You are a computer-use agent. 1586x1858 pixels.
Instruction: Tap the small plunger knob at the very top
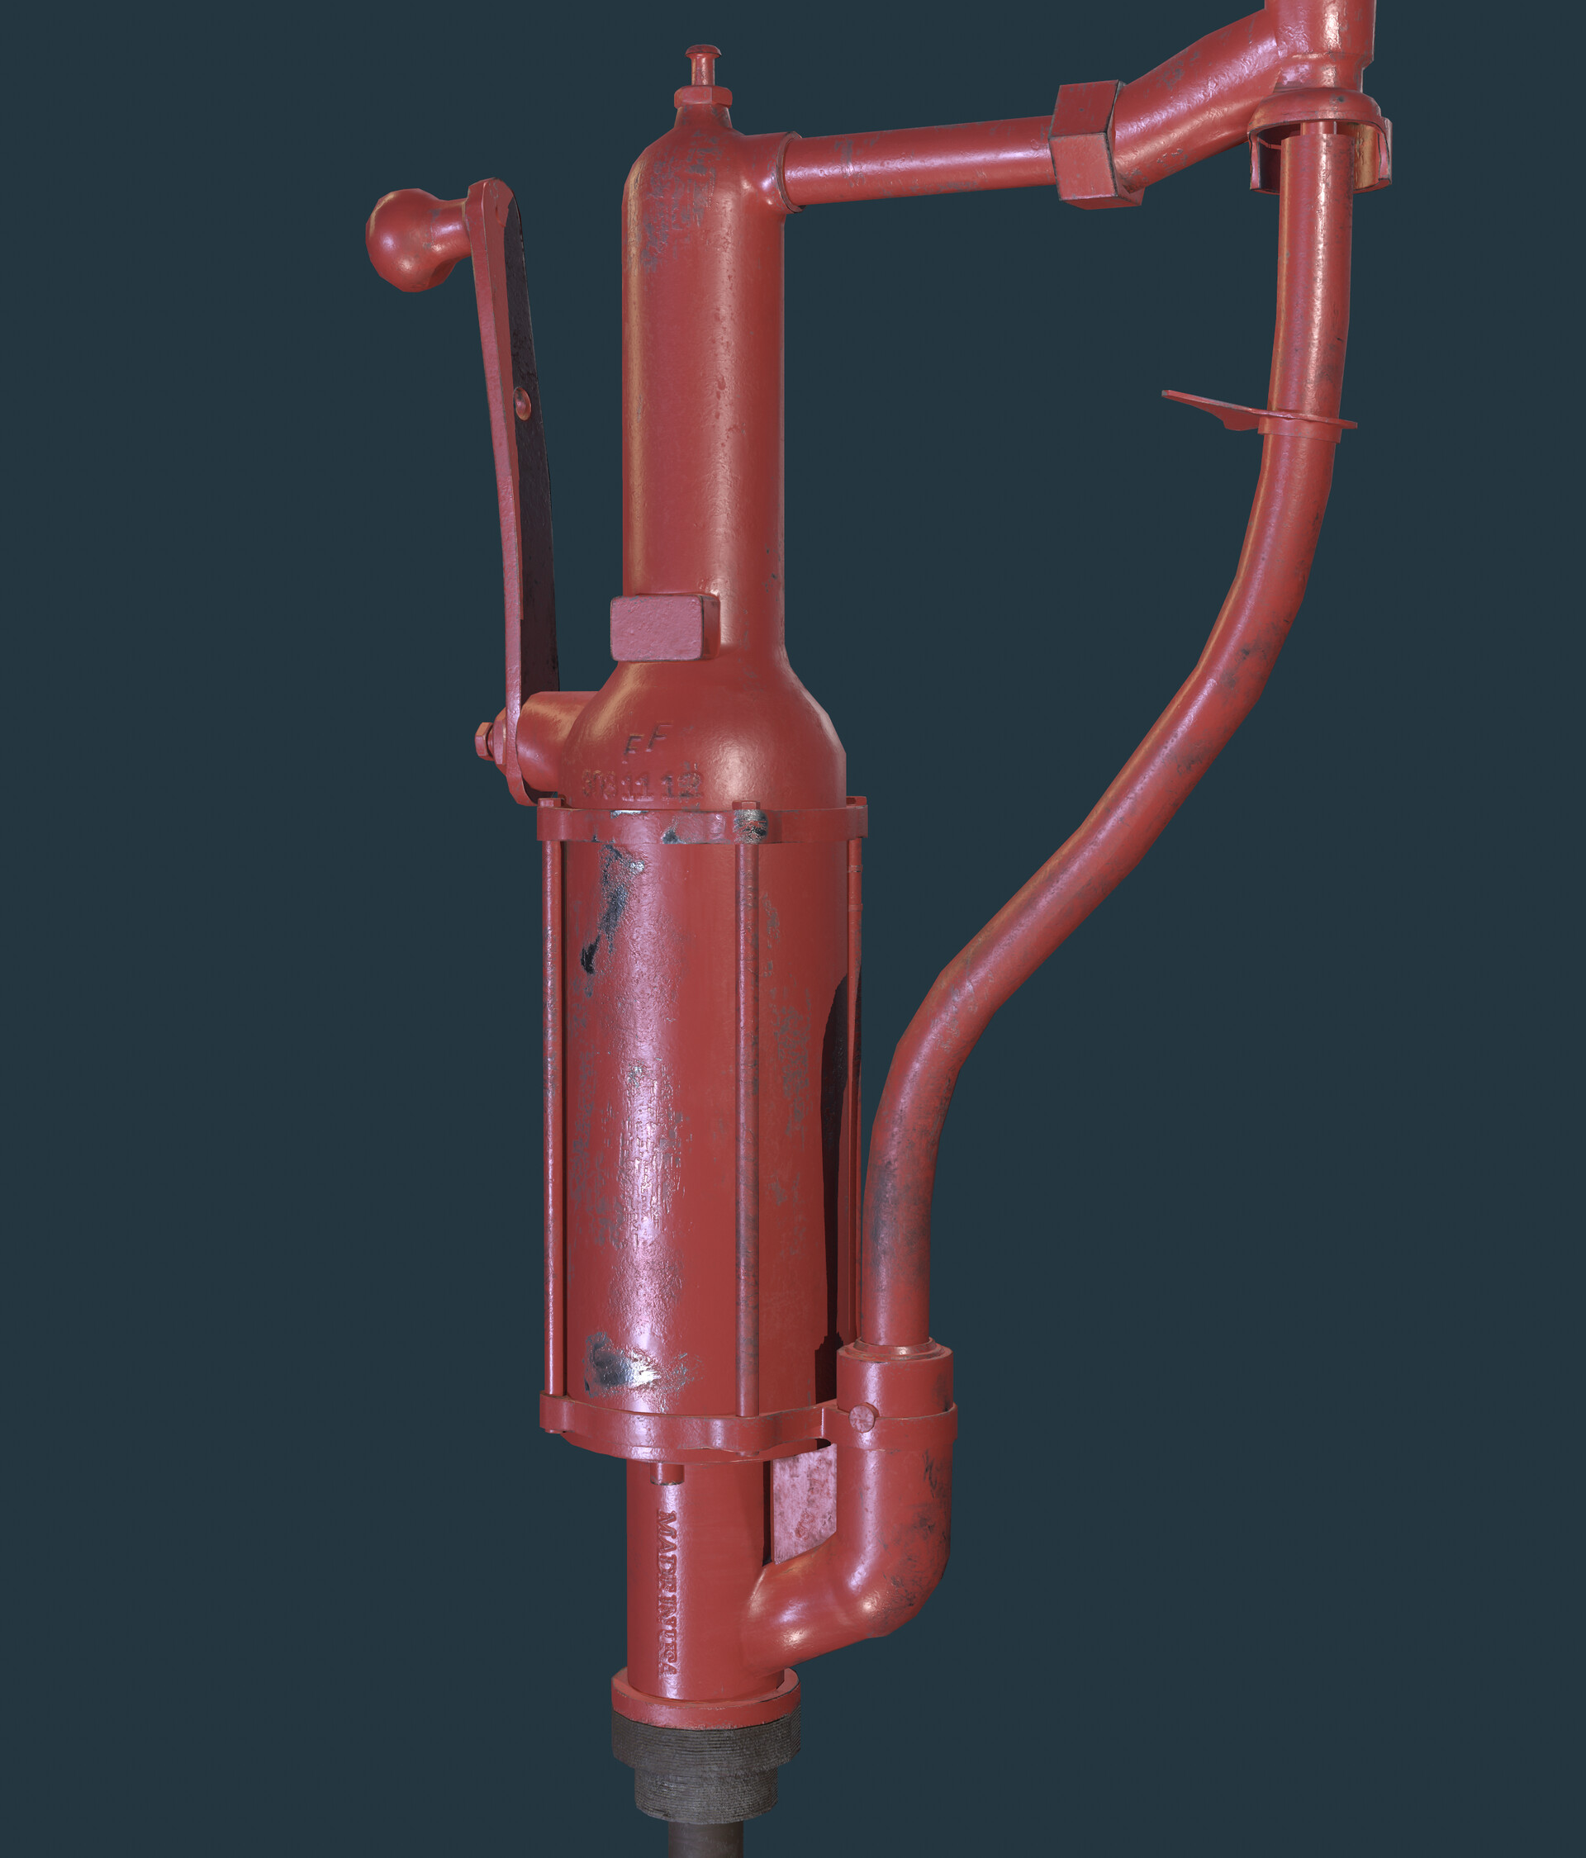coord(703,60)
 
